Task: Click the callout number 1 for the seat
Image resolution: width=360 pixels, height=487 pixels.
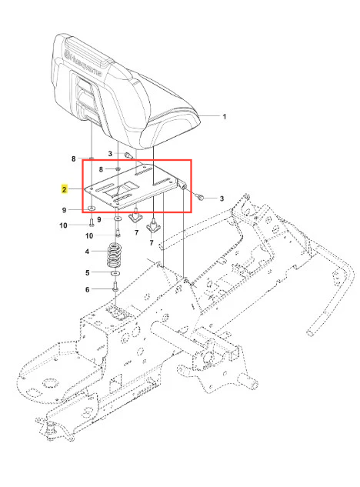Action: click(x=225, y=117)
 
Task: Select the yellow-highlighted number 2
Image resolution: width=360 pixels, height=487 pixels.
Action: click(x=65, y=189)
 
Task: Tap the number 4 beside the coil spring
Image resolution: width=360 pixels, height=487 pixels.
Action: click(x=87, y=252)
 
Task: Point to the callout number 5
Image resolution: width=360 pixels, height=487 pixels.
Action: click(x=87, y=272)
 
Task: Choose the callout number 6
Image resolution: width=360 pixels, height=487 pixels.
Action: click(x=87, y=289)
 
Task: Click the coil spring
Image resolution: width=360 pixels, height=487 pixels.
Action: click(x=114, y=255)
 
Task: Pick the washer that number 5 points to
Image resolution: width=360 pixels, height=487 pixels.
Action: click(x=116, y=273)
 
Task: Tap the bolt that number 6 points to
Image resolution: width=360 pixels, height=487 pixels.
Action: click(x=115, y=286)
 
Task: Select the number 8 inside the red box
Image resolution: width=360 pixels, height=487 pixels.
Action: click(x=101, y=169)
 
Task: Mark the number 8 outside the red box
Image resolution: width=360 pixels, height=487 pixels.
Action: click(x=73, y=158)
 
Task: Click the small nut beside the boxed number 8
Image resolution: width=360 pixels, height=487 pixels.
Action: click(x=118, y=169)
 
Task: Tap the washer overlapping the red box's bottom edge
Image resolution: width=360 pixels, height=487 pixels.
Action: click(x=92, y=208)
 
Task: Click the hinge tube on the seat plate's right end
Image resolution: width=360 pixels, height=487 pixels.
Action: click(x=182, y=184)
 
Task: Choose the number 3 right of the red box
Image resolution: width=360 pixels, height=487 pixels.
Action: click(x=222, y=198)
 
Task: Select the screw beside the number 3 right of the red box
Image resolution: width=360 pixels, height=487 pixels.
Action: click(x=199, y=196)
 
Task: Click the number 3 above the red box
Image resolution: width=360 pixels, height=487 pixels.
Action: click(x=110, y=153)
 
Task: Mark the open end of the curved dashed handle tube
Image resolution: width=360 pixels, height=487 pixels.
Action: click(x=310, y=333)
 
